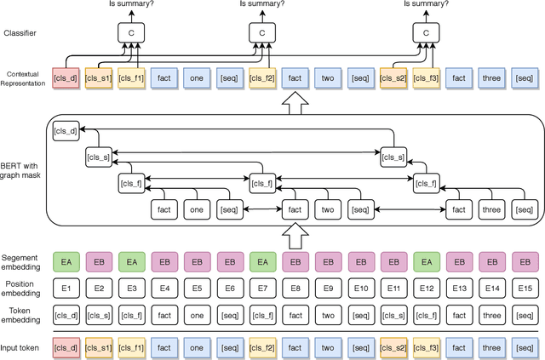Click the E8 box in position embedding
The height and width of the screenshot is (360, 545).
(x=295, y=288)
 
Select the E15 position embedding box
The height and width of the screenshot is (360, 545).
(x=525, y=288)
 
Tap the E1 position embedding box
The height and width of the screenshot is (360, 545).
(x=66, y=288)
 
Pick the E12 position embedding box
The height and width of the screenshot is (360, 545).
(x=427, y=288)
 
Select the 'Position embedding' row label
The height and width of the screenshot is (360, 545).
(x=20, y=288)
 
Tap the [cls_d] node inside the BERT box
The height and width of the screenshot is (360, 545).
(x=66, y=130)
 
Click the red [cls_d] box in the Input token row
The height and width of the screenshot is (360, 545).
(x=66, y=346)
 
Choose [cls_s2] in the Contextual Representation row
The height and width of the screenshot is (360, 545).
(x=394, y=78)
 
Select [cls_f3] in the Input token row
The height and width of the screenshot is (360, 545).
(x=427, y=346)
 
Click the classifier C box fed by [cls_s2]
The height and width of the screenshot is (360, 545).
(x=426, y=31)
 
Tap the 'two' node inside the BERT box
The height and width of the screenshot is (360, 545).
(x=329, y=209)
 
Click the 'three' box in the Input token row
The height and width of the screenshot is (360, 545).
(x=492, y=346)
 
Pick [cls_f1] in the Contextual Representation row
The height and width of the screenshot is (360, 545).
(x=132, y=78)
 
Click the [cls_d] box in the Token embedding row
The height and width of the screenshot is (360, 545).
(x=66, y=317)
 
